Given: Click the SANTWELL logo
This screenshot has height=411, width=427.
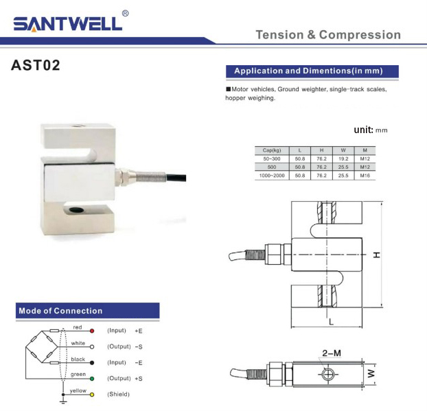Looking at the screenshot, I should point(67,23).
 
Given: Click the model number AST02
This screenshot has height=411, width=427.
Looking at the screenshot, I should point(36,67).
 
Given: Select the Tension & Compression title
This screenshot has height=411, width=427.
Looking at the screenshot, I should point(327,35).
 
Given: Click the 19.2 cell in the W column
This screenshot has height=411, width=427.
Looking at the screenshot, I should point(343,158).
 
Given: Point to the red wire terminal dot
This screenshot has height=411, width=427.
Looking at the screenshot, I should point(92,331).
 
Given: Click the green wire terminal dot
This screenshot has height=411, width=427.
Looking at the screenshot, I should point(92,378).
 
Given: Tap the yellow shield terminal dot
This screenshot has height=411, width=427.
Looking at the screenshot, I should point(92,394).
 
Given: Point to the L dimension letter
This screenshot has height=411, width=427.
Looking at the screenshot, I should point(331,320).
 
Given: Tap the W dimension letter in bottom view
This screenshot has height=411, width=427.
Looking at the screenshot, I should point(370,374).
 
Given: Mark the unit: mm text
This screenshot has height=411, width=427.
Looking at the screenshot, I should point(371,130).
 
